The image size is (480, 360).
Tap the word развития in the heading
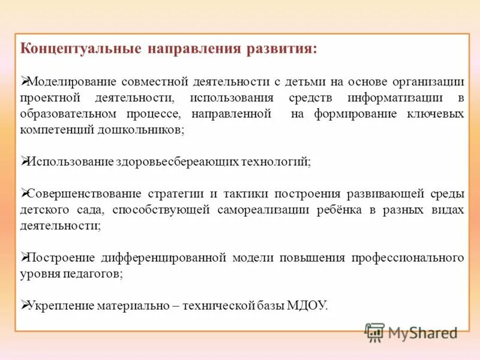click(x=281, y=49)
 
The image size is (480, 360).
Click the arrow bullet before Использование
click(x=25, y=161)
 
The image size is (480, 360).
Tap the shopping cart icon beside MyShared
click(x=374, y=332)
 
